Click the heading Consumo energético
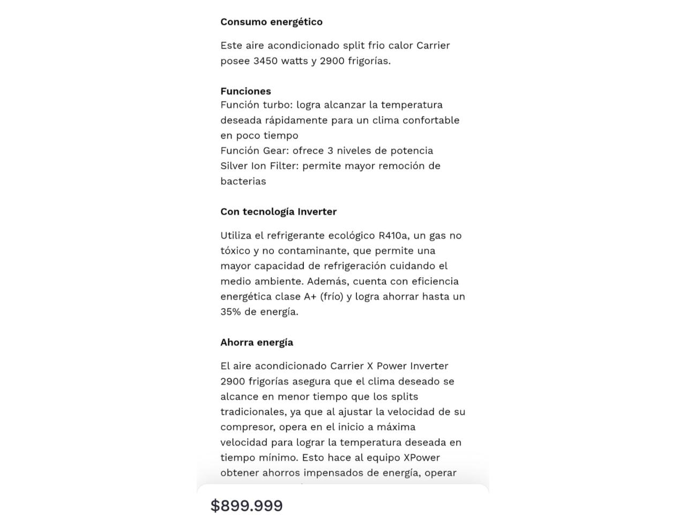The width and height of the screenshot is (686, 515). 271,22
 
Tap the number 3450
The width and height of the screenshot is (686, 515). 265,61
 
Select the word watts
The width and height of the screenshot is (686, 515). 294,61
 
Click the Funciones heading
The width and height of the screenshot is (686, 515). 245,91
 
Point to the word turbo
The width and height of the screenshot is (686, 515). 277,105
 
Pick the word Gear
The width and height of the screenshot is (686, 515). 275,151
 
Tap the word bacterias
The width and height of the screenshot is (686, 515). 243,181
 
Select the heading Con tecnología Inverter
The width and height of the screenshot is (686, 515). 278,212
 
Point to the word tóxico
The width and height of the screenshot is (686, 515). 235,251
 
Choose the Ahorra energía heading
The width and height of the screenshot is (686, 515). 256,342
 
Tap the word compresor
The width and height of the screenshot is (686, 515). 247,427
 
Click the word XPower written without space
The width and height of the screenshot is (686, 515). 421,458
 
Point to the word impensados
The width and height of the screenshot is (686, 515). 331,473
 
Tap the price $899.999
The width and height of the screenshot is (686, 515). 247,505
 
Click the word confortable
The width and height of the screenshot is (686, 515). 431,120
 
